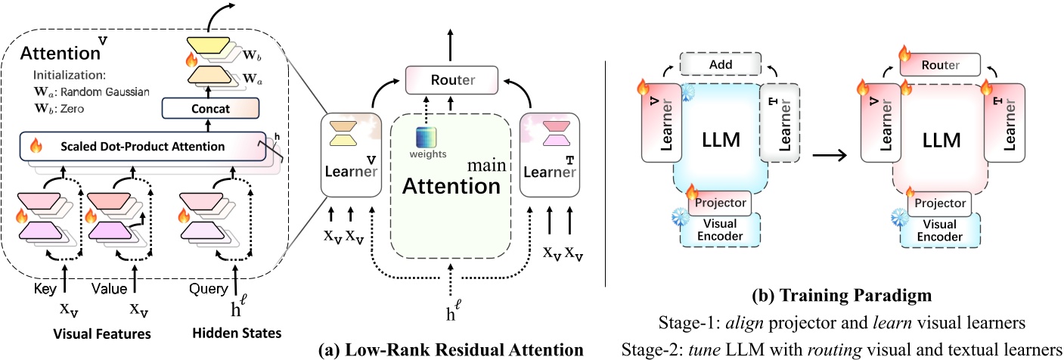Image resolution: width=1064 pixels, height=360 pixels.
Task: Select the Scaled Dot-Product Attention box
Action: pyautogui.click(x=142, y=145)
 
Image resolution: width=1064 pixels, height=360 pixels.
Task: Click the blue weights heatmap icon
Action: pyautogui.click(x=427, y=141)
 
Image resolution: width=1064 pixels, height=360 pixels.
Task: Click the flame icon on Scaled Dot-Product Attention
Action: pyautogui.click(x=33, y=145)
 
